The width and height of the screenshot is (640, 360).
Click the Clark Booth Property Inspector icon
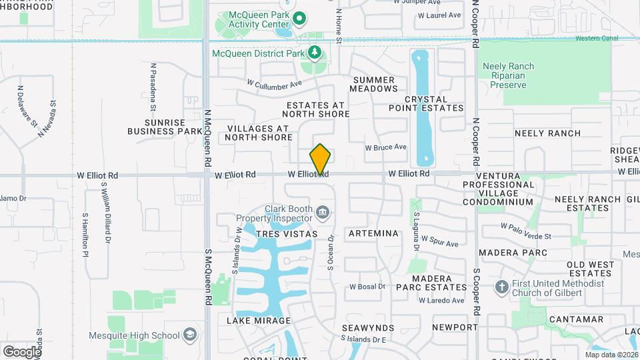323,213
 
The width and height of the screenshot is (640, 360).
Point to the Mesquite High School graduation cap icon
190,335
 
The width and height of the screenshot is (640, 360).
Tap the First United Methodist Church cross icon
502,287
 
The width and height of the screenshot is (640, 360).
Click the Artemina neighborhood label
373,233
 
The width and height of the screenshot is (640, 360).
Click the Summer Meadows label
373,84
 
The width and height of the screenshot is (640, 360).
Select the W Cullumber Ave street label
274,85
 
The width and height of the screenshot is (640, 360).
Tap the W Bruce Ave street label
385,147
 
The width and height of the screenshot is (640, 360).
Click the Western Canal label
597,38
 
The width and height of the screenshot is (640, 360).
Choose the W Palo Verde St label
526,231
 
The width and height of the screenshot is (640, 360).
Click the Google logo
22,351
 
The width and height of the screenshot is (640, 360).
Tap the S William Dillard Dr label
105,219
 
